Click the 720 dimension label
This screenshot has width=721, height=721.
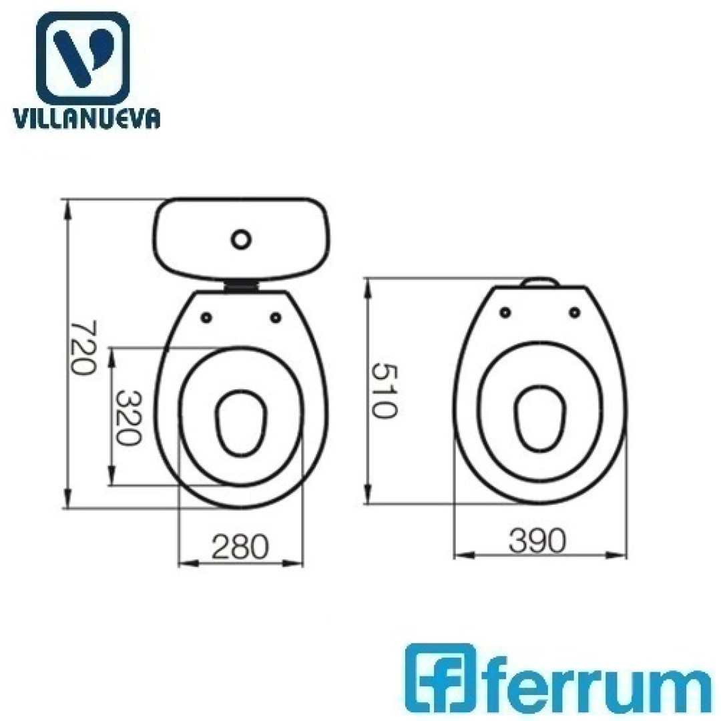pyautogui.click(x=84, y=348)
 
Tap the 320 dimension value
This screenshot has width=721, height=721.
pyautogui.click(x=128, y=418)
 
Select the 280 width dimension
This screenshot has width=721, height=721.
pyautogui.click(x=240, y=546)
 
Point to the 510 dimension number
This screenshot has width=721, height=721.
pyautogui.click(x=383, y=391)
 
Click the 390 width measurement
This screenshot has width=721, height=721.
pyautogui.click(x=537, y=540)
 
